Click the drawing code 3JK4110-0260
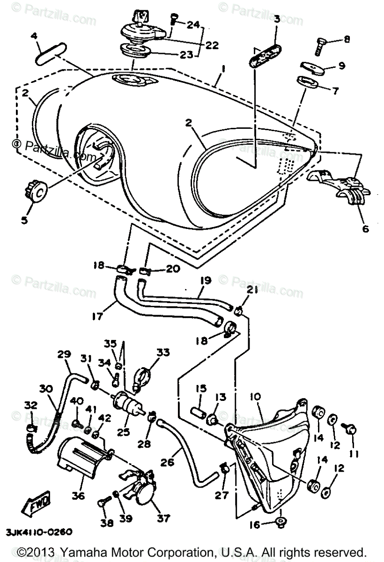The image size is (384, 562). tap(39, 532)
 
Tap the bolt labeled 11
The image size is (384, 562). tap(352, 428)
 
